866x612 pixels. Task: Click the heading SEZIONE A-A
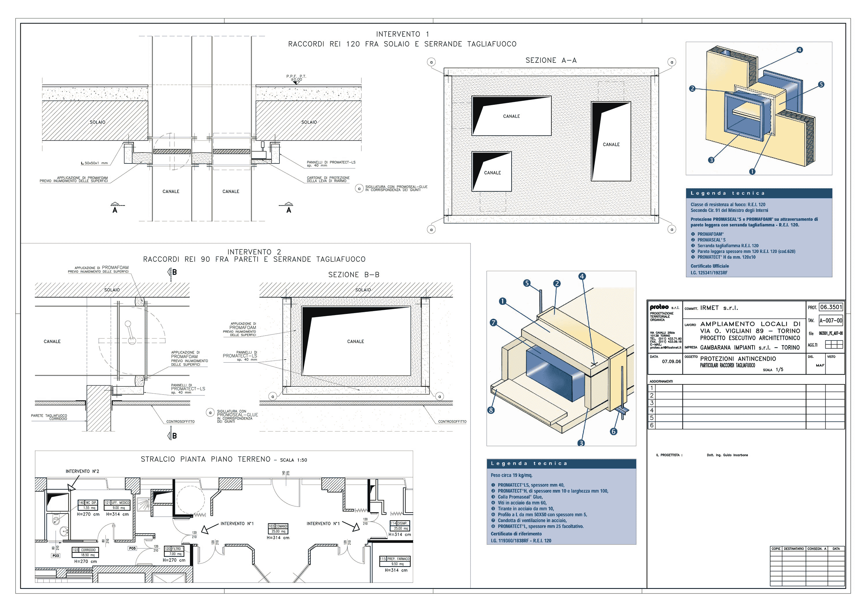551,60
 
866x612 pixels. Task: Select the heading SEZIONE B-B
353,275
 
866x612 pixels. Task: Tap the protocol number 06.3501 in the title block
830,307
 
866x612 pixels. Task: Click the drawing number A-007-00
830,321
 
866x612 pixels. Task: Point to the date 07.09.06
671,362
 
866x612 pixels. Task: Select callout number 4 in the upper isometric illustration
799,50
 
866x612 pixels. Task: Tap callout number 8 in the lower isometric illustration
491,410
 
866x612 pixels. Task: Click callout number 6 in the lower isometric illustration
614,431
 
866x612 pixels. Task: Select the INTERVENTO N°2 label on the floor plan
82,471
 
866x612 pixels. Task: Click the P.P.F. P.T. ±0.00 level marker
296,78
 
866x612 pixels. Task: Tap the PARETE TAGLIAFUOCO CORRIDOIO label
49,417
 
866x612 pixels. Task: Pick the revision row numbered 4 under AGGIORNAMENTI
652,410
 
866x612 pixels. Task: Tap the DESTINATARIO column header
794,549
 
